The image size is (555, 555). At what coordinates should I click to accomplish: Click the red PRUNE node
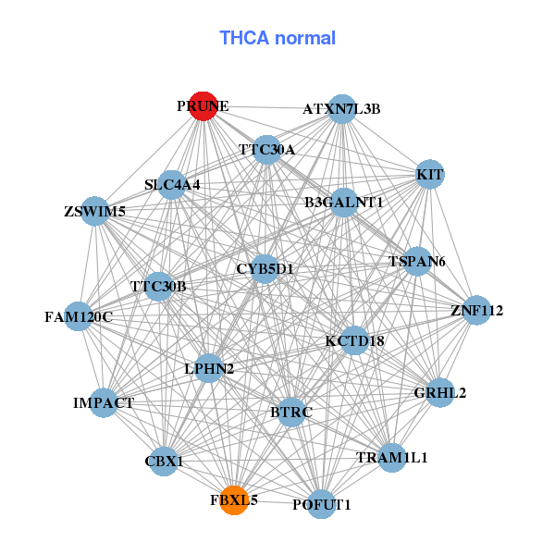(x=203, y=105)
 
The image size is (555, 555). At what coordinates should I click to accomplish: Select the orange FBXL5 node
(x=234, y=499)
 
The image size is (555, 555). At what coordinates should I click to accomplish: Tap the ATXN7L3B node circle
(x=342, y=108)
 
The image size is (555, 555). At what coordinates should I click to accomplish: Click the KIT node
(x=430, y=175)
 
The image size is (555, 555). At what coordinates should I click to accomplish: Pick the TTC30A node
(x=266, y=150)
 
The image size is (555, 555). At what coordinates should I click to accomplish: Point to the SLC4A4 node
(x=172, y=185)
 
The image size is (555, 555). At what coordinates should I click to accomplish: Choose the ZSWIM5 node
(x=95, y=211)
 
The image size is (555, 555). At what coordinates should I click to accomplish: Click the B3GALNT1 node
(x=344, y=203)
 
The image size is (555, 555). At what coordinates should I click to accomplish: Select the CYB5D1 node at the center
(x=265, y=269)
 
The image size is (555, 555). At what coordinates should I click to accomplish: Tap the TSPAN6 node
(x=417, y=262)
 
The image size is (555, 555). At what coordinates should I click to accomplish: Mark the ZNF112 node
(x=475, y=311)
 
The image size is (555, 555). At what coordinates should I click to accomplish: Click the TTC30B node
(x=159, y=286)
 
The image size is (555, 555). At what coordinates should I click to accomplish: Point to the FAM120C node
(x=79, y=317)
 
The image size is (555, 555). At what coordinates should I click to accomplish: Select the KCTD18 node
(x=354, y=341)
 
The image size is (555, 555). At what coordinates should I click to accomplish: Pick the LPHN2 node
(x=209, y=369)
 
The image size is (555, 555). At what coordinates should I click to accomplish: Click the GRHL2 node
(x=440, y=393)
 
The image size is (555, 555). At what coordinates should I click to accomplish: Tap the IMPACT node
(x=104, y=403)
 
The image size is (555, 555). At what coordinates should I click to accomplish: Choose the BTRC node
(x=291, y=412)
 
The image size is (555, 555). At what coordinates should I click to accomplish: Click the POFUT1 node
(x=321, y=504)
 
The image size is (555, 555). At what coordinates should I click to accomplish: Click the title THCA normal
(x=277, y=38)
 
